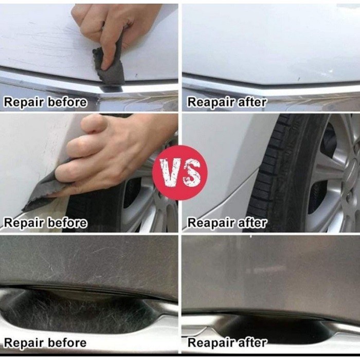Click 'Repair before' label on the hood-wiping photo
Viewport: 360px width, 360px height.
(45, 102)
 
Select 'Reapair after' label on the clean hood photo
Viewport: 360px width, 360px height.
(227, 102)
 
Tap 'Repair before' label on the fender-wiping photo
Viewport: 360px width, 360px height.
(45, 223)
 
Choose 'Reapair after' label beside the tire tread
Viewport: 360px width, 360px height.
(227, 223)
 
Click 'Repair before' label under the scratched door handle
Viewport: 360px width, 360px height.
(45, 343)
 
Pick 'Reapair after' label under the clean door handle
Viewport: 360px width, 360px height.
(227, 343)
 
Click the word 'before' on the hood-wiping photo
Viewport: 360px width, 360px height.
(67, 102)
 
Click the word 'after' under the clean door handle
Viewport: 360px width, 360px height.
(252, 343)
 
